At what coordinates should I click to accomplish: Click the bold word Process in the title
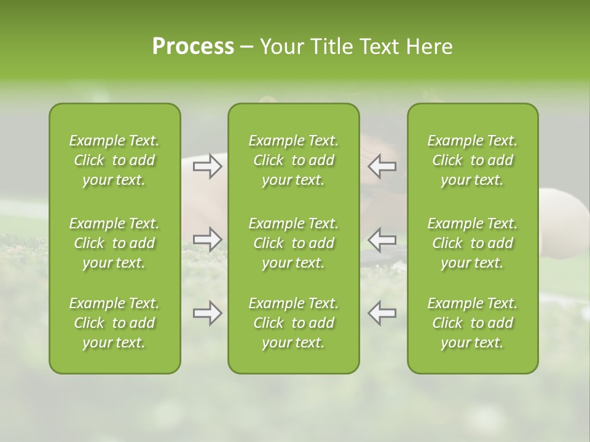(193, 47)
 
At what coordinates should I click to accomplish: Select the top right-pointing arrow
(208, 166)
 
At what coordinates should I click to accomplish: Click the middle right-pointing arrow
(208, 238)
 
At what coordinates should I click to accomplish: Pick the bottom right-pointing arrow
(208, 313)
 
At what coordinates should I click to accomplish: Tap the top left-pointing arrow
(382, 166)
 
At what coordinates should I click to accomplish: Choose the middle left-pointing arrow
(382, 238)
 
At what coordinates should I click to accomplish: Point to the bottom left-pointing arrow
(382, 313)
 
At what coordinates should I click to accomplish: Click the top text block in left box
(114, 160)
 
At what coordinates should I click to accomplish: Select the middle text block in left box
(114, 243)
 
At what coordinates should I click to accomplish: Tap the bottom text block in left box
(114, 323)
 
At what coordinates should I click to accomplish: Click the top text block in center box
(294, 160)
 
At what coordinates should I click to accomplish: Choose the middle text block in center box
(294, 243)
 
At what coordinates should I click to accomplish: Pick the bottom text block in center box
(294, 323)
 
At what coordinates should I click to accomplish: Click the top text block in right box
(473, 160)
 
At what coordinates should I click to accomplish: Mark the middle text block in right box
(473, 243)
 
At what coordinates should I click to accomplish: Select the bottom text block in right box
(473, 323)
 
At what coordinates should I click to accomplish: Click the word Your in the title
(280, 47)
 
